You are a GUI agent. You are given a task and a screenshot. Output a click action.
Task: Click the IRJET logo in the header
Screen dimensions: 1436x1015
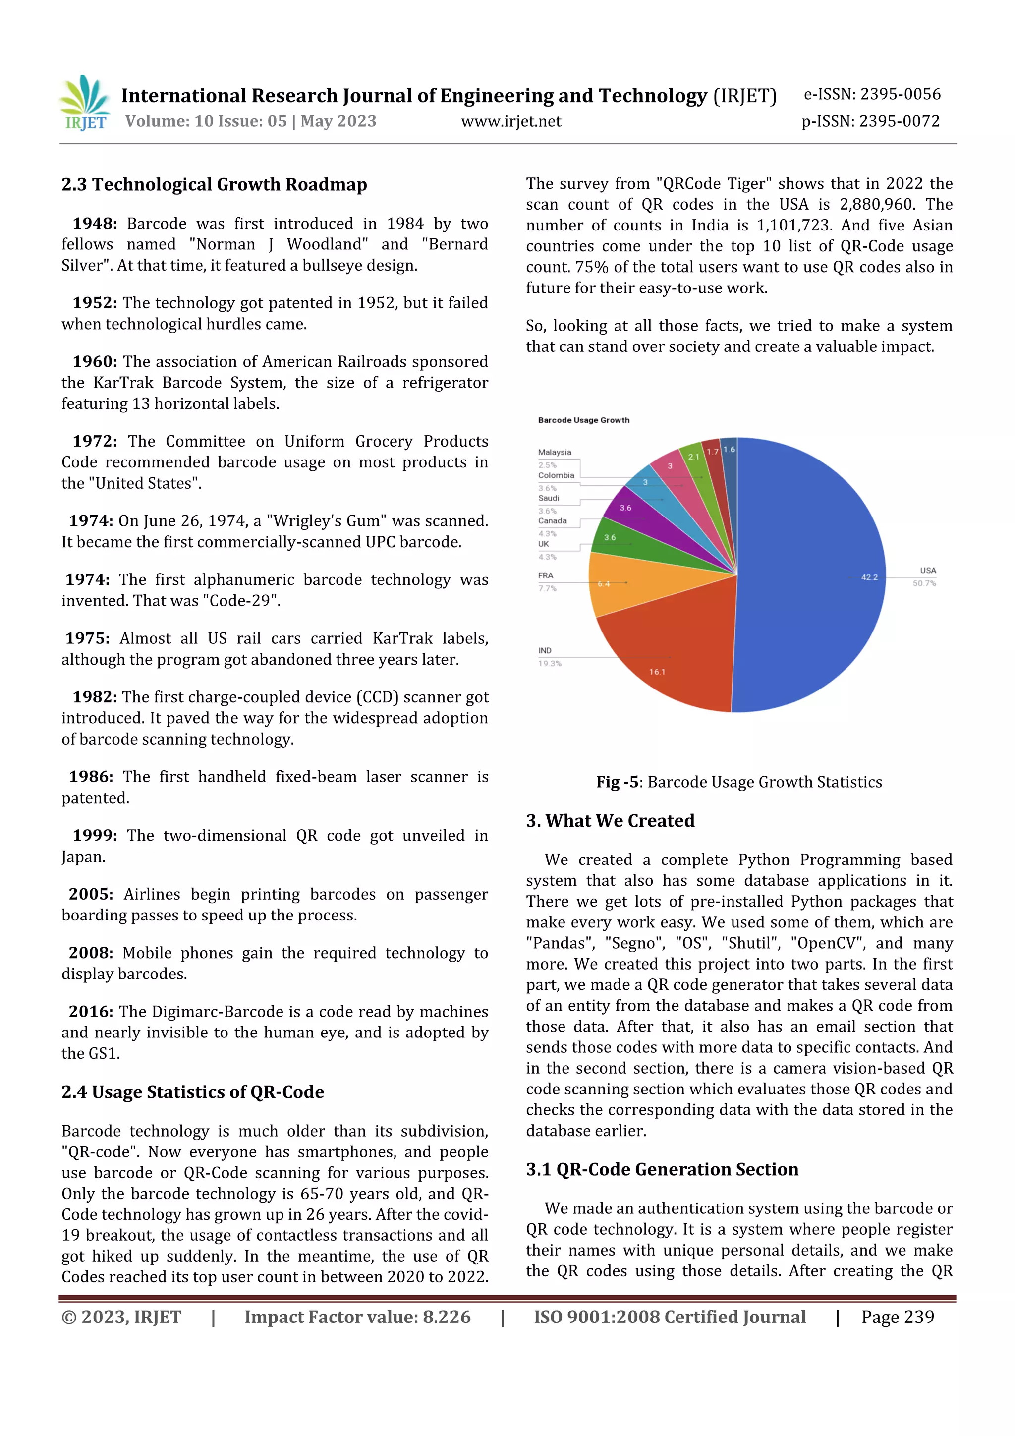click(x=85, y=104)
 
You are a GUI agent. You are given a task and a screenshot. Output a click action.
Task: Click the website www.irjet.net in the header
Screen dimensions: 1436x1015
click(x=510, y=121)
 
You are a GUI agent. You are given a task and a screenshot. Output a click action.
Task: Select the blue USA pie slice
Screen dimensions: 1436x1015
click(x=813, y=563)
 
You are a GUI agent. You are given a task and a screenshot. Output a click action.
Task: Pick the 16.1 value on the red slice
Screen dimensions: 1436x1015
click(x=657, y=672)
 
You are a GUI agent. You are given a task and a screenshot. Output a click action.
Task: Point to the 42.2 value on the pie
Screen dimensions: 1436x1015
click(x=869, y=577)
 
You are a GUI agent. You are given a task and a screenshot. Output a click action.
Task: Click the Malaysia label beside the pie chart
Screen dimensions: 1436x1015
click(x=554, y=452)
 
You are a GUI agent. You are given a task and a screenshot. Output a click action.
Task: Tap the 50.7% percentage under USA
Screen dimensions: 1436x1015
click(x=924, y=583)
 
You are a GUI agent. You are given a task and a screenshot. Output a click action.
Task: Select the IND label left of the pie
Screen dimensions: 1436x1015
click(x=545, y=650)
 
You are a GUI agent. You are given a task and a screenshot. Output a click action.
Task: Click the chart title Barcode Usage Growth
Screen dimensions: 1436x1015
click(x=583, y=420)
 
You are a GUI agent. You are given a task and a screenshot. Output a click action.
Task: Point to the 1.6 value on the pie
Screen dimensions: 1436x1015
click(x=729, y=450)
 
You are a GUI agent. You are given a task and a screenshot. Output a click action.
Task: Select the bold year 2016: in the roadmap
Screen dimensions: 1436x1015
click(x=91, y=1011)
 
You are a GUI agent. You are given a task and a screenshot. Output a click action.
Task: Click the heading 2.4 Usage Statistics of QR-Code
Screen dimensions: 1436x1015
click(x=193, y=1092)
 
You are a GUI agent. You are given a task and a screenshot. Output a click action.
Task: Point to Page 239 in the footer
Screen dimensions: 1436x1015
click(x=898, y=1317)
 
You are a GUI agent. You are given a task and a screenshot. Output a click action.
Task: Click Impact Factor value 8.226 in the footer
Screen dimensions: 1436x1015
click(x=357, y=1317)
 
